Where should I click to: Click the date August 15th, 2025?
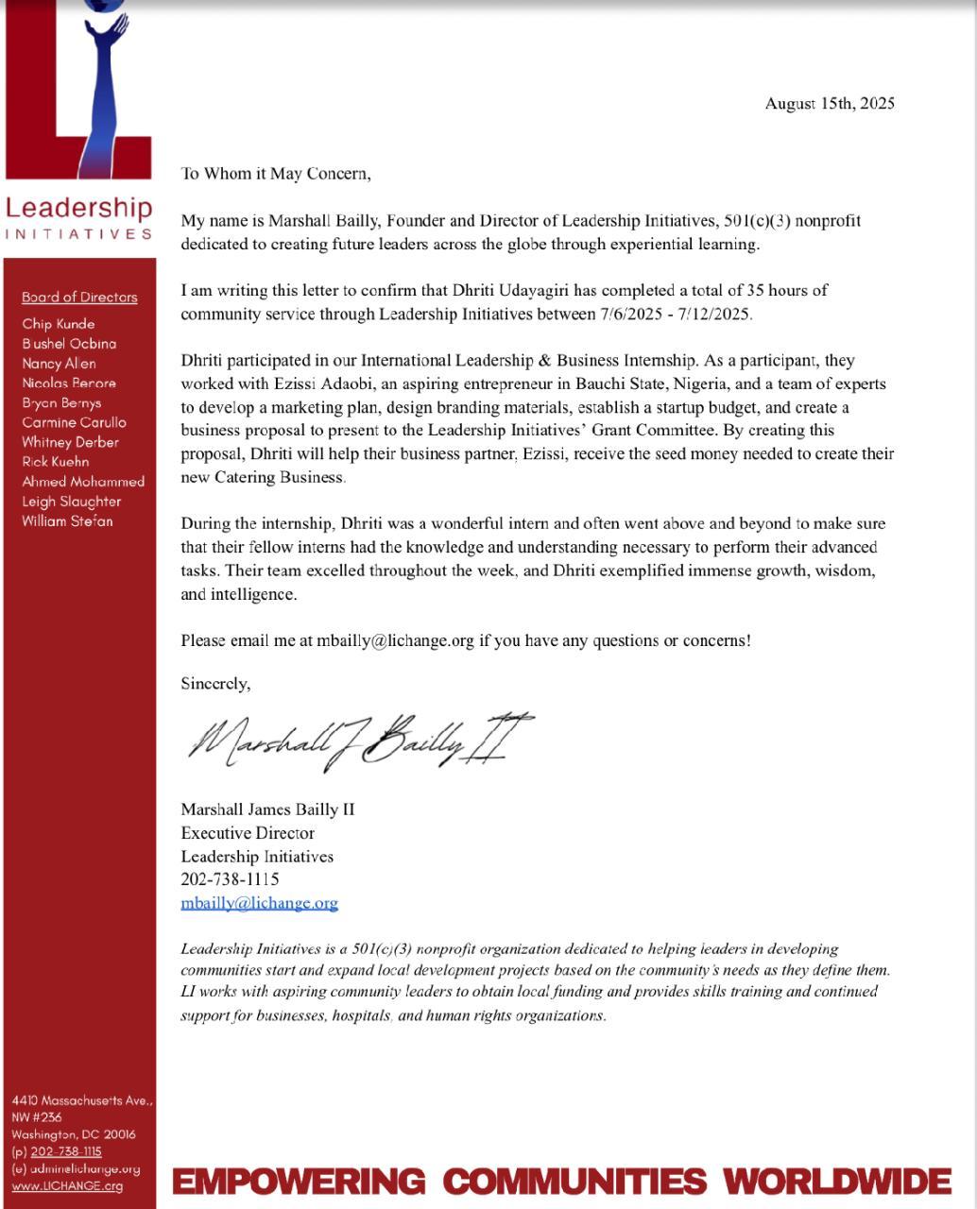point(830,104)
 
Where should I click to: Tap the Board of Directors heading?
point(79,298)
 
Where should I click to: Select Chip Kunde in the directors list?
point(59,324)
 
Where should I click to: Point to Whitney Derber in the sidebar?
point(71,442)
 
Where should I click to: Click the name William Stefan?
point(67,521)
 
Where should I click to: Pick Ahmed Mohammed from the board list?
point(83,482)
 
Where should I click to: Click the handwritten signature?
point(359,741)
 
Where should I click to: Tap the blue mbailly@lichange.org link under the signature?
point(259,903)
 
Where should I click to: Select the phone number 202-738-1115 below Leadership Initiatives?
point(230,879)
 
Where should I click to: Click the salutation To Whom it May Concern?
point(276,174)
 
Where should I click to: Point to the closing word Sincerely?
point(215,683)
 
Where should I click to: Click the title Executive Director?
point(248,833)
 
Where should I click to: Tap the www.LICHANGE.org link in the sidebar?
point(67,1186)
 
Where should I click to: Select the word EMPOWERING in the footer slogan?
point(299,1182)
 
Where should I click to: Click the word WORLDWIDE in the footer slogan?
point(837,1182)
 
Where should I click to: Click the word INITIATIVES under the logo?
point(78,234)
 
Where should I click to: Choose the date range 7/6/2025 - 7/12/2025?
point(676,315)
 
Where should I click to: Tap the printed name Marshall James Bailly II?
point(267,809)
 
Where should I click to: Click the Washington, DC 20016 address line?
point(74,1134)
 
